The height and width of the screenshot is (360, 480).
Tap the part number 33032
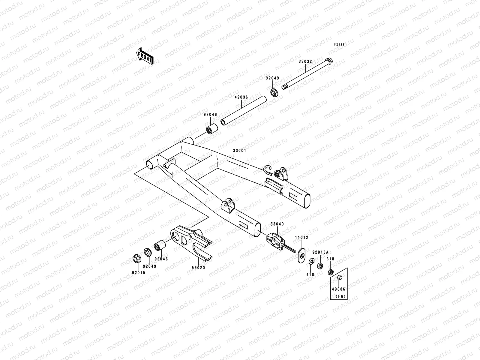(x=305, y=61)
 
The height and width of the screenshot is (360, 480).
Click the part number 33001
(x=239, y=151)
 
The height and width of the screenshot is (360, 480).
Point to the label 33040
(x=277, y=224)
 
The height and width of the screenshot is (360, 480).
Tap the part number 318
(x=330, y=259)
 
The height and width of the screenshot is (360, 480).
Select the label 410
(x=310, y=274)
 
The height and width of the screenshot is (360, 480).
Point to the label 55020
(x=199, y=268)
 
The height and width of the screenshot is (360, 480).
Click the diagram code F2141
(x=340, y=45)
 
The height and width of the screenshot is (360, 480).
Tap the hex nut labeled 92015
(x=136, y=258)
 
